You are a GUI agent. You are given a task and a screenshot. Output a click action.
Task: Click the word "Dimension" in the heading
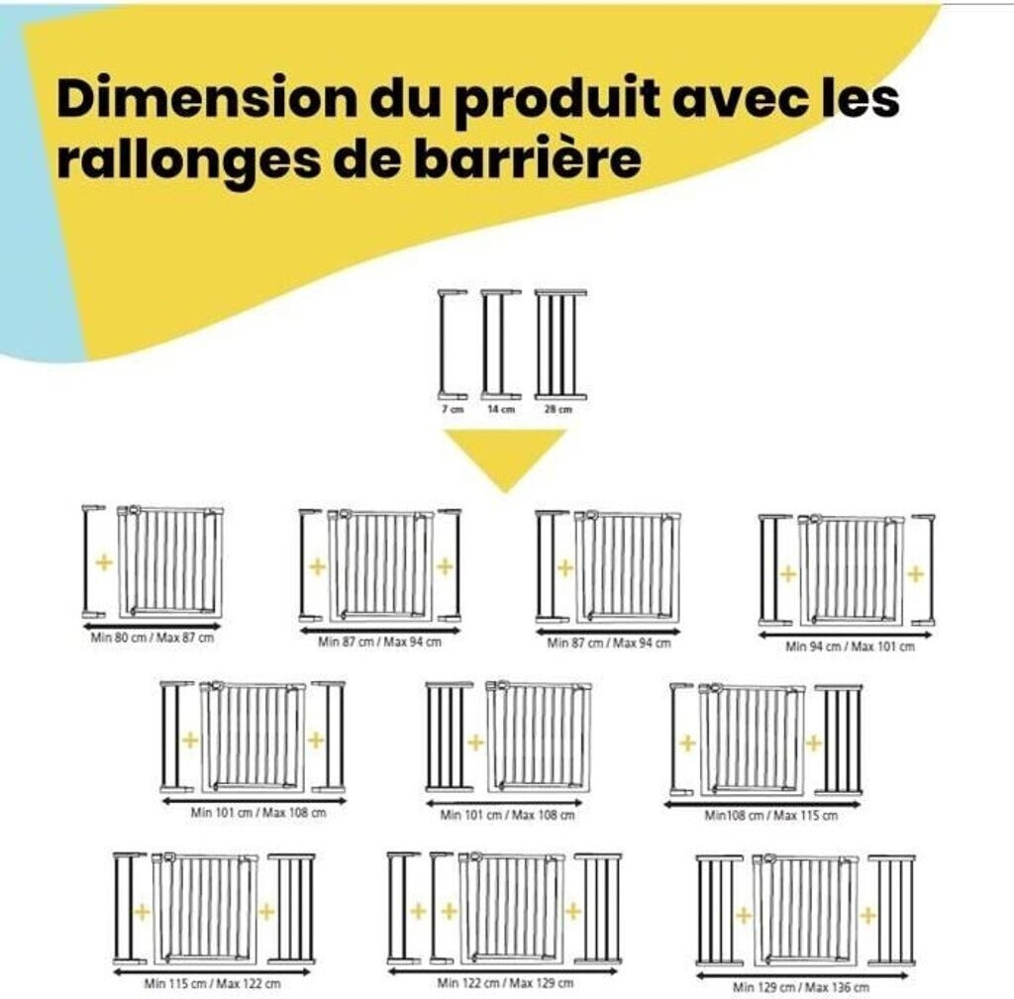tap(206, 98)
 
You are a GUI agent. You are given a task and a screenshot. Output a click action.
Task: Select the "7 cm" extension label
tap(453, 409)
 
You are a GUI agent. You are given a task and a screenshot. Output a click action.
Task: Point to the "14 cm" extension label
tap(501, 409)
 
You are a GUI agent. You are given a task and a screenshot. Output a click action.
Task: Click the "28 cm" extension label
tap(558, 409)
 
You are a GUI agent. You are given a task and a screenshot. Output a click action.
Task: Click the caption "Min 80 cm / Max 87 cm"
tap(152, 638)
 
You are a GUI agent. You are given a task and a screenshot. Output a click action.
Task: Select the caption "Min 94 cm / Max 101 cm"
tap(851, 646)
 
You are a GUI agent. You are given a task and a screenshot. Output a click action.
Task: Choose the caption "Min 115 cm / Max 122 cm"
tap(213, 983)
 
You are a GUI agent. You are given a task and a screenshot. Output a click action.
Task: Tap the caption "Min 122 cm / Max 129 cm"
tap(505, 983)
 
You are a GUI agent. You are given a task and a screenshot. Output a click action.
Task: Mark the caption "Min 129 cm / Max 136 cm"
tap(800, 987)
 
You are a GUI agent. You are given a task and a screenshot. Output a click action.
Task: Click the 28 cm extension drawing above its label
tap(560, 345)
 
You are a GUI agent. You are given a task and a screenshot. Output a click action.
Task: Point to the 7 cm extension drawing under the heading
tap(453, 345)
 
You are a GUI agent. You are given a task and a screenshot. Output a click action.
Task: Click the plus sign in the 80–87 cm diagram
tap(103, 562)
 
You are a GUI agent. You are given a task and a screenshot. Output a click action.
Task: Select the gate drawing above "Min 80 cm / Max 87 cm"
tap(170, 560)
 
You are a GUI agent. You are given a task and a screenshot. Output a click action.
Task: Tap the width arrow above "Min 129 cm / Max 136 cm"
tap(802, 975)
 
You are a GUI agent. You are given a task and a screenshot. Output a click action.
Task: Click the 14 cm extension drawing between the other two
tap(501, 345)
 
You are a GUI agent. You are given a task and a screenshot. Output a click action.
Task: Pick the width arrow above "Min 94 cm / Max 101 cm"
tap(846, 635)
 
